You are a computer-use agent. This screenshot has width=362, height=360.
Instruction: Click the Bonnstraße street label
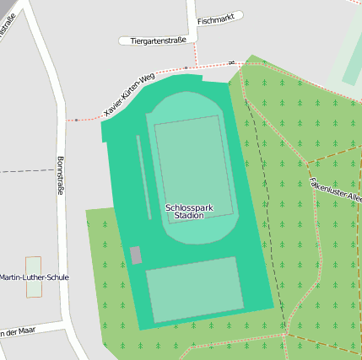click(60, 175)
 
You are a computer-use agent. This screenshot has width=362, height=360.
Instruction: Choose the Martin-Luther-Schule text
click(35, 277)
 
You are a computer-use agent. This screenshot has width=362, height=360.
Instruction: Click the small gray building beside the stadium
click(135, 255)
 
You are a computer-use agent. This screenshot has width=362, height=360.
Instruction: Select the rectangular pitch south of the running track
click(194, 289)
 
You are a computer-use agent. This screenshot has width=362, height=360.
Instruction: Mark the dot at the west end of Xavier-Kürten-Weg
click(76, 120)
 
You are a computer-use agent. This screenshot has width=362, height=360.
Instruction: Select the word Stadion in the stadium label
click(188, 216)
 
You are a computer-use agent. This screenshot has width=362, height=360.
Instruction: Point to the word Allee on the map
click(354, 199)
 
